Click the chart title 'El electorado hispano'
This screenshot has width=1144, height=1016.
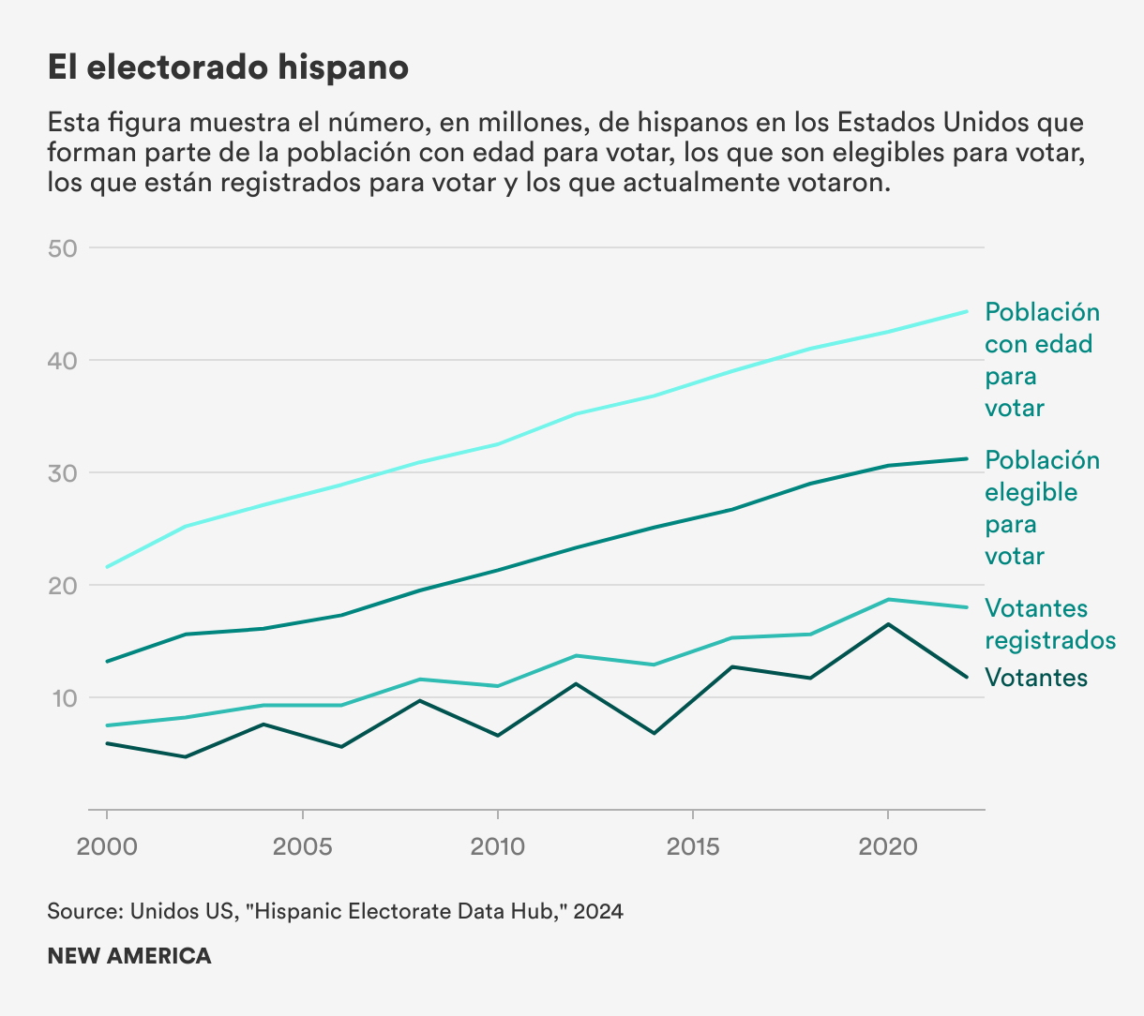click(x=228, y=67)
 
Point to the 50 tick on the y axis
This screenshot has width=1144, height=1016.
click(x=63, y=248)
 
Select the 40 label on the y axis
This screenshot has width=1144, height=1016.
click(x=63, y=361)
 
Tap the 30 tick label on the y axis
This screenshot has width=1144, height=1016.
click(x=63, y=473)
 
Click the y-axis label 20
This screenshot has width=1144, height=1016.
click(x=63, y=586)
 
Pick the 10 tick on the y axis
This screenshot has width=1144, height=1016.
click(x=63, y=698)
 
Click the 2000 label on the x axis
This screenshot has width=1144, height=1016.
click(x=107, y=847)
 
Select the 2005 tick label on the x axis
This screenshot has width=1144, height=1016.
click(x=302, y=847)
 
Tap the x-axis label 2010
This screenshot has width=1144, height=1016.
click(x=498, y=847)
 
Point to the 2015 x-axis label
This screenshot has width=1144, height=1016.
click(x=693, y=847)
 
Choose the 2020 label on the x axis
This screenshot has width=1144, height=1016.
click(x=888, y=847)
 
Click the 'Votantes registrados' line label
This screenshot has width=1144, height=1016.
click(x=1049, y=624)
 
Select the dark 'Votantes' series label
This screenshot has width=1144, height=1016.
click(x=1036, y=678)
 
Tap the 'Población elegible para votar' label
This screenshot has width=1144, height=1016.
click(x=1041, y=508)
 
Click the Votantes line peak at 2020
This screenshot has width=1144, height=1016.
click(x=888, y=624)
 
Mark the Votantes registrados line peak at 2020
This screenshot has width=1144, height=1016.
click(x=888, y=600)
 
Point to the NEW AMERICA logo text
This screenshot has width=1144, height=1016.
click(x=129, y=956)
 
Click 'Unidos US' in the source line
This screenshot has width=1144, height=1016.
click(x=184, y=911)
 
